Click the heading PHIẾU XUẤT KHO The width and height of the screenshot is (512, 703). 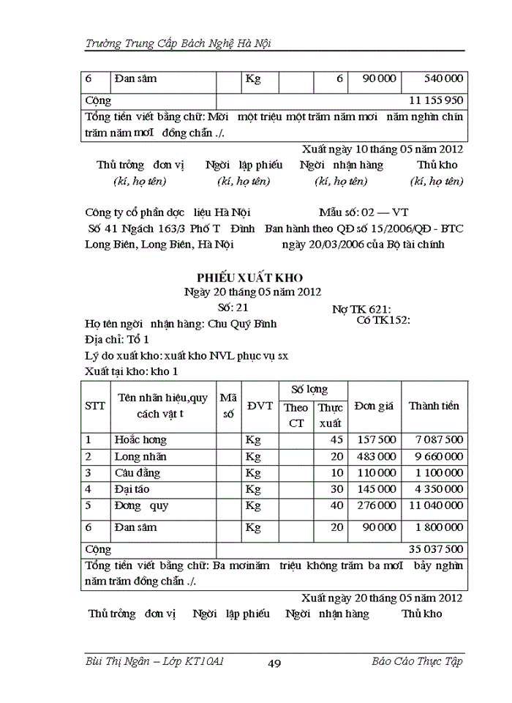(x=249, y=278)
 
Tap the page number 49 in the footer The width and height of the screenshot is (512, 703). (x=275, y=663)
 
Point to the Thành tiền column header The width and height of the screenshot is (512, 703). (x=434, y=406)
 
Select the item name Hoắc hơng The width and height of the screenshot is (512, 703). (x=140, y=440)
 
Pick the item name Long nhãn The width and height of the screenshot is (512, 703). (x=140, y=456)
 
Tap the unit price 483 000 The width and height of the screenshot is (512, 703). (x=376, y=456)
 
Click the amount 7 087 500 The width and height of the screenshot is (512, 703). (x=439, y=440)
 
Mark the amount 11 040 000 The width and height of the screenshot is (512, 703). (x=435, y=505)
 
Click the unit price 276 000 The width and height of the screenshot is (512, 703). (x=376, y=505)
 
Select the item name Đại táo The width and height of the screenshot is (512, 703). (x=132, y=488)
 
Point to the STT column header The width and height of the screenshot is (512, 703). (x=95, y=406)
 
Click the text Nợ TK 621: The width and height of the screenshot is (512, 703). (x=361, y=310)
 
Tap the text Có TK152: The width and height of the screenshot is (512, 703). (x=383, y=320)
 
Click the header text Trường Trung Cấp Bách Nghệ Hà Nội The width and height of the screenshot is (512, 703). (x=178, y=43)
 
